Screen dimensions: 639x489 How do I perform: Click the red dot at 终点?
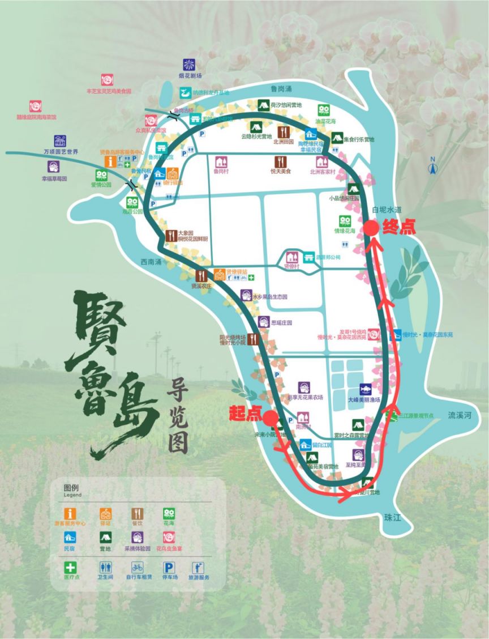371,228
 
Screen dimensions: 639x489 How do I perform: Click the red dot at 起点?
271,418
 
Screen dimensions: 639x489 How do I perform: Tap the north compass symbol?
432,168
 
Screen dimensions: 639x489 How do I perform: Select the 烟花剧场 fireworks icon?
189,65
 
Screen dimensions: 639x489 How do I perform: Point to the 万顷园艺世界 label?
61,152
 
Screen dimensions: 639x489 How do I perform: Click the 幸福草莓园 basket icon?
54,167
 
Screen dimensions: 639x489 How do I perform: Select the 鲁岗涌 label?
281,89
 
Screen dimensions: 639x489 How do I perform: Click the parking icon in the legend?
169,567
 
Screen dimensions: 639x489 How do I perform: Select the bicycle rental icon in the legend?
137,567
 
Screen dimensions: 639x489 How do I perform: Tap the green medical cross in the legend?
72,567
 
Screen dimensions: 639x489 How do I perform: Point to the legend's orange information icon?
71,514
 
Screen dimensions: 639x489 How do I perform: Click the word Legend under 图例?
72,495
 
